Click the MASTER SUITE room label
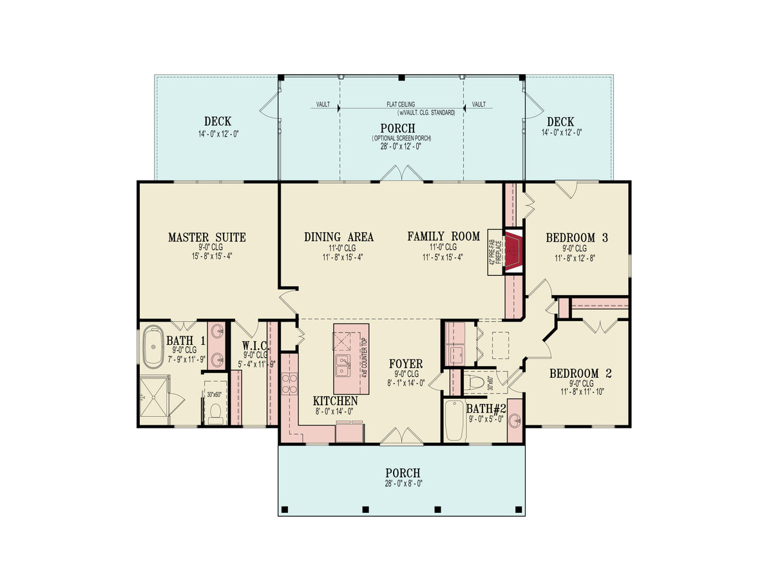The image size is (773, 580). pyautogui.click(x=207, y=238)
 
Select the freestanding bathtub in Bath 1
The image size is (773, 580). pyautogui.click(x=154, y=348)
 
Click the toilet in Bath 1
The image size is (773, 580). pyautogui.click(x=215, y=412)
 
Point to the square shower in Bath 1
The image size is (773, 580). pyautogui.click(x=154, y=398)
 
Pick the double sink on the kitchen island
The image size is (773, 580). pyautogui.click(x=342, y=365)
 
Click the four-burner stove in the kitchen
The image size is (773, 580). pyautogui.click(x=290, y=384)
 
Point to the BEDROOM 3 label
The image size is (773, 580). pyautogui.click(x=577, y=238)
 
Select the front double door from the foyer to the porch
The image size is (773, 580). pyautogui.click(x=402, y=438)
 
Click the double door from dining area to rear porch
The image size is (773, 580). pyautogui.click(x=402, y=174)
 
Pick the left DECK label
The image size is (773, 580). pyautogui.click(x=218, y=122)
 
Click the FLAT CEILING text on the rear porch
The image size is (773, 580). pyautogui.click(x=401, y=104)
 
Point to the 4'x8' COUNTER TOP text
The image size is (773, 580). pyautogui.click(x=364, y=358)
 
